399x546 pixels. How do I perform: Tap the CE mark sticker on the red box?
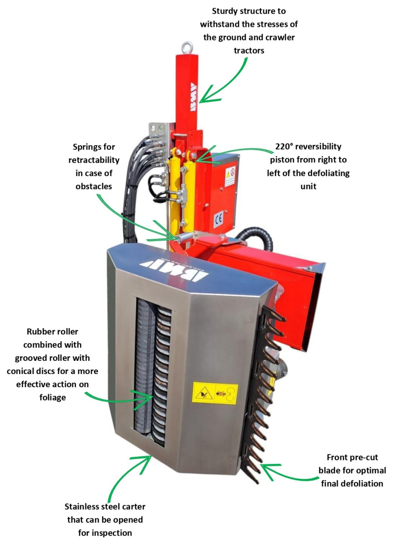pyautogui.click(x=218, y=219)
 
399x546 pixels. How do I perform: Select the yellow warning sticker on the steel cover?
pyautogui.click(x=215, y=394)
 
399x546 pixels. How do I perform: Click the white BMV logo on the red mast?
pyautogui.click(x=193, y=97)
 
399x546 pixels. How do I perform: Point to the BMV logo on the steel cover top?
pyautogui.click(x=174, y=269)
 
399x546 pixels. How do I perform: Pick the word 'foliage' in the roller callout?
pyautogui.click(x=53, y=398)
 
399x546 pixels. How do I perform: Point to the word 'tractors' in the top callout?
pyautogui.click(x=249, y=51)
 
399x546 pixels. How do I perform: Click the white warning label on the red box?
pyautogui.click(x=230, y=176)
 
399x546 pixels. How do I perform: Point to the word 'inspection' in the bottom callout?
pyautogui.click(x=105, y=533)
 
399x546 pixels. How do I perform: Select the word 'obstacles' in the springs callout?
pyautogui.click(x=94, y=187)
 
